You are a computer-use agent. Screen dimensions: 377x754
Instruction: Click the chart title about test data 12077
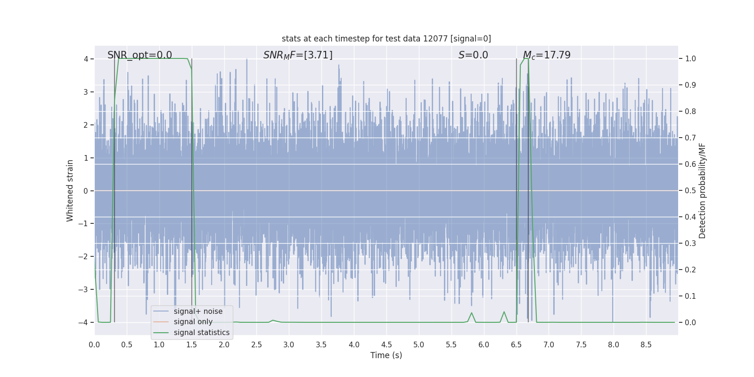386,39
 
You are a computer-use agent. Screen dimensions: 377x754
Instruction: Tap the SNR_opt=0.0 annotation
139,55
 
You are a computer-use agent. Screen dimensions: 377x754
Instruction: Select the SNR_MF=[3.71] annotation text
298,55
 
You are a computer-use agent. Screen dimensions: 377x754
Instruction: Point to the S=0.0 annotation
473,55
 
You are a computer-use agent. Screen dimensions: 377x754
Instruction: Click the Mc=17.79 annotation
547,55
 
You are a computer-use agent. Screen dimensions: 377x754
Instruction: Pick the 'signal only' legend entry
193,322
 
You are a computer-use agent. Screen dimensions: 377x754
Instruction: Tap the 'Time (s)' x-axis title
386,355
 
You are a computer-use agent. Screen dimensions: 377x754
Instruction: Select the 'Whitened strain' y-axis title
70,190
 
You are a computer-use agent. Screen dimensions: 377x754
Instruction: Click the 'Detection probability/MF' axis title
702,190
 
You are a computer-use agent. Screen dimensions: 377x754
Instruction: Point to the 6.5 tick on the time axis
516,345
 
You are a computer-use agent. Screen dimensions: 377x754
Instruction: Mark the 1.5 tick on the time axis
192,345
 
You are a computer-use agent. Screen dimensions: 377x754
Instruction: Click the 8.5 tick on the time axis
646,345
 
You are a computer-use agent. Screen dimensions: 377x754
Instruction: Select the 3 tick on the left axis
86,92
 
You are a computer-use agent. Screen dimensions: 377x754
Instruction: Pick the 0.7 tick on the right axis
690,138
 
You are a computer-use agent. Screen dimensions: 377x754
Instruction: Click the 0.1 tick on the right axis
690,296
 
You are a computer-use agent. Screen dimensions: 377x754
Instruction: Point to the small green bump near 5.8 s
471,313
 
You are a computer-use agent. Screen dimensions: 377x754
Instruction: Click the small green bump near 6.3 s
504,312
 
